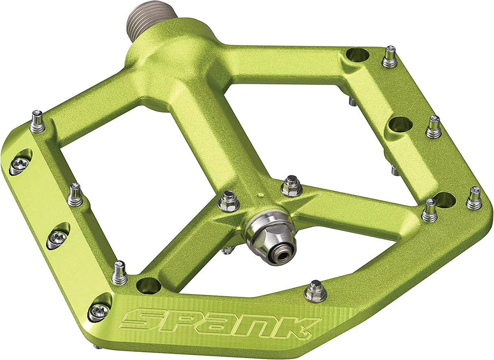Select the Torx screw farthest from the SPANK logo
point(20,164)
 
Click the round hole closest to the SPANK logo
point(149,285)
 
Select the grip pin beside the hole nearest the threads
point(389,57)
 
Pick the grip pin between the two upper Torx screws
point(75,195)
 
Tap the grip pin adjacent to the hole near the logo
point(120,273)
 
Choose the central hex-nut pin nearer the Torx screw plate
point(228,201)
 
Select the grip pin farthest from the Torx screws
point(474,199)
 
